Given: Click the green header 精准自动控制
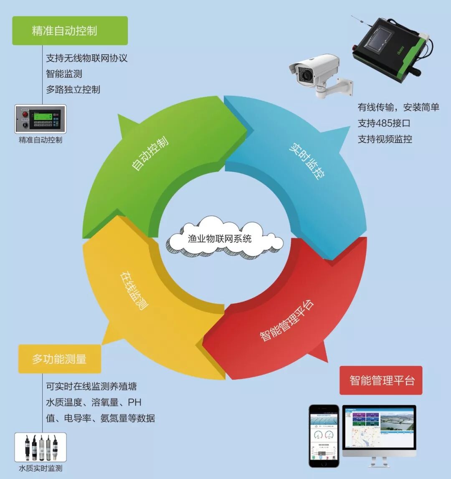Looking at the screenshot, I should click(x=70, y=31).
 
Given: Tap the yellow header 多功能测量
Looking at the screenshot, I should click(x=60, y=359).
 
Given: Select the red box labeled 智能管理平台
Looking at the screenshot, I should click(x=381, y=381).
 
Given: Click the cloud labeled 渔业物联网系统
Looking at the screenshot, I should click(x=225, y=239).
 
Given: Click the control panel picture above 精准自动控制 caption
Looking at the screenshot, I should click(x=41, y=119).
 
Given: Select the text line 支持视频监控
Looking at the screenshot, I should click(x=385, y=139).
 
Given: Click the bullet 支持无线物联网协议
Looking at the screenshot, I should click(x=87, y=58).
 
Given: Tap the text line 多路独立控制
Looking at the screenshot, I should click(x=73, y=89).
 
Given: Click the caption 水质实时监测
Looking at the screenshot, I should click(x=41, y=468).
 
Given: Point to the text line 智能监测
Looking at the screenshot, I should click(x=64, y=74).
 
